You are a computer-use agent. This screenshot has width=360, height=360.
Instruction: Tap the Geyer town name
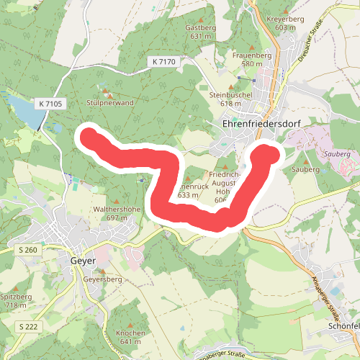(83, 261)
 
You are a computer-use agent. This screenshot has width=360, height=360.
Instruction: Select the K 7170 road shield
(163, 62)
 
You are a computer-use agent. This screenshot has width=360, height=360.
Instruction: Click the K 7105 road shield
(51, 104)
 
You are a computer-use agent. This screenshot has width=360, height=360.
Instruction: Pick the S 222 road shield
(27, 327)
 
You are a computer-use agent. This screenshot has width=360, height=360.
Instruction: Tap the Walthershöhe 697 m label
(116, 213)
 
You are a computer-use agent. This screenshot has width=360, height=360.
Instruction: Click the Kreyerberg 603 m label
(281, 22)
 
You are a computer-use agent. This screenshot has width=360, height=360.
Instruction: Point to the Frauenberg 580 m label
(252, 59)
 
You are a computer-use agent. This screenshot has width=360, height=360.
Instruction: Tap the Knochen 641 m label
(130, 337)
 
